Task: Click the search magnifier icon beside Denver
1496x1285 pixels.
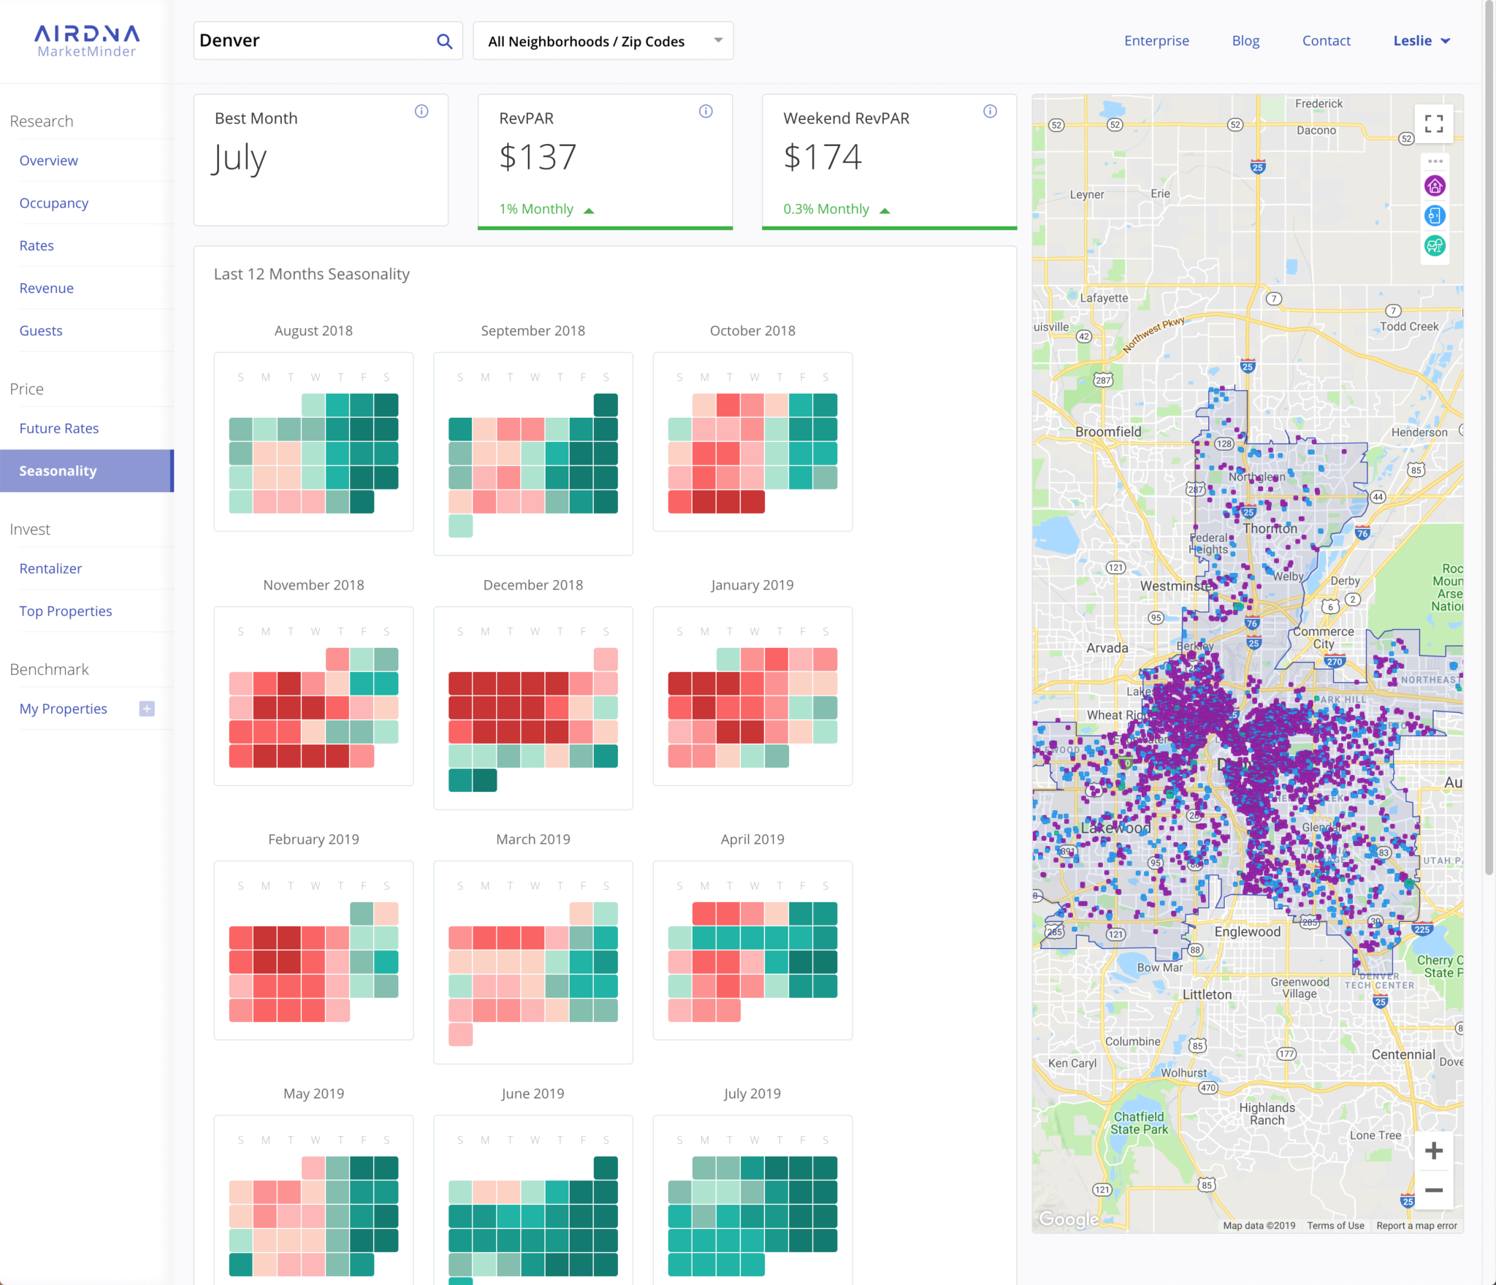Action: pos(444,41)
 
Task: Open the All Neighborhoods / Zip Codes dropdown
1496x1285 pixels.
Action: pos(603,41)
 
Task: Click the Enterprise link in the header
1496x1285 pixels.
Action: pos(1156,41)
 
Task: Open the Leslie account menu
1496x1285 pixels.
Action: pos(1421,41)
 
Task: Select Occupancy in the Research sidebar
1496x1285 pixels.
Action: pos(54,203)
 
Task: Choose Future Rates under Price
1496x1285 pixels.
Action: pos(59,428)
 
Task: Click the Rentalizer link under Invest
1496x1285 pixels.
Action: pos(50,568)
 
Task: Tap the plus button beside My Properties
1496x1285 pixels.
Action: pos(147,709)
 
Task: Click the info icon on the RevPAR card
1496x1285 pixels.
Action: pos(706,111)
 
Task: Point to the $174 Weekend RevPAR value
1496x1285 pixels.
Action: pos(823,157)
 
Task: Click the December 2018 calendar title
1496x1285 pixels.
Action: pos(533,585)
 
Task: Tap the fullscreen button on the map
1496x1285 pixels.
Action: pos(1434,124)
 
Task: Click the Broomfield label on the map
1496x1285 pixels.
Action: pos(1107,432)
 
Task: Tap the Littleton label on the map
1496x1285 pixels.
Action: pos(1207,994)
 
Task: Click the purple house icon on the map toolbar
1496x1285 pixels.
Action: pos(1435,186)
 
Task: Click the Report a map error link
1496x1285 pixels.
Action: pos(1416,1226)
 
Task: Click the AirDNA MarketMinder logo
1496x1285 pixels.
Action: pos(87,41)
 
